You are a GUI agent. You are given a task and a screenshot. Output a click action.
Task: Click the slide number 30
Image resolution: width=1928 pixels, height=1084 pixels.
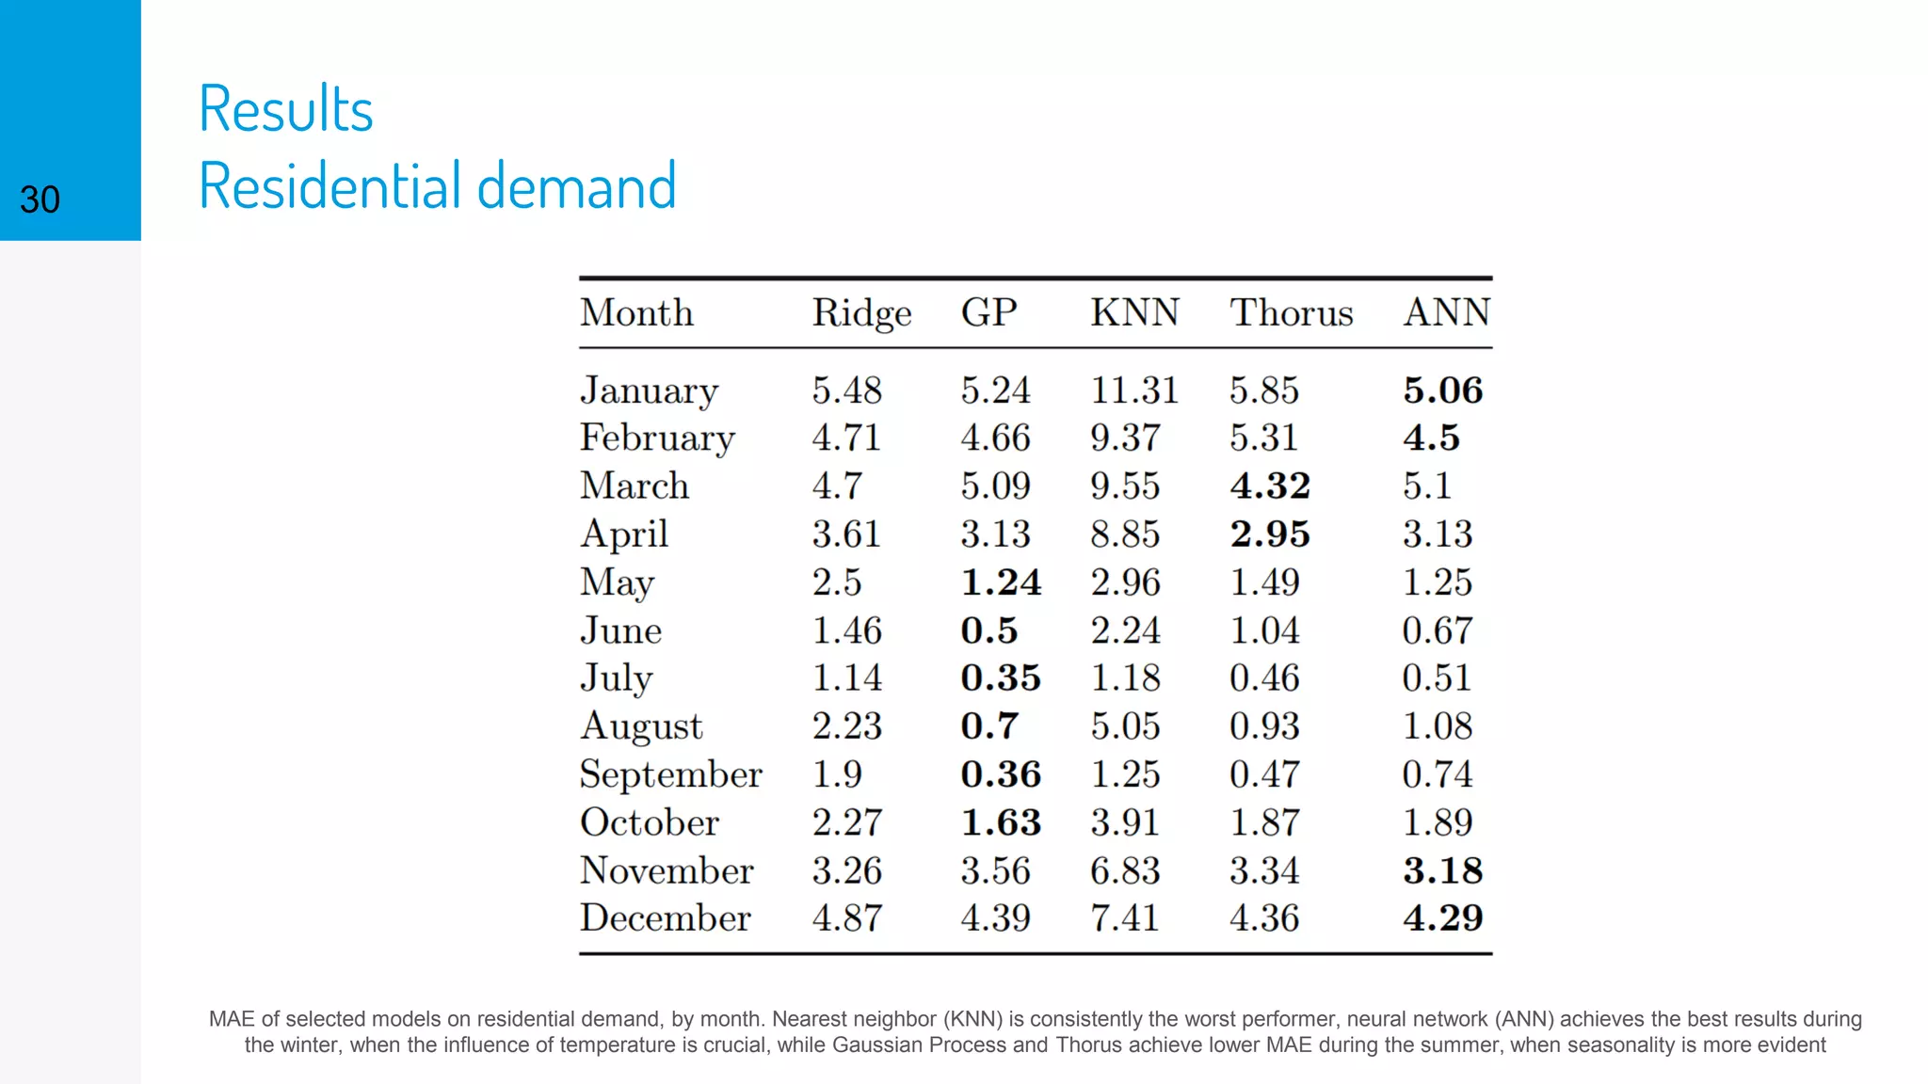click(40, 199)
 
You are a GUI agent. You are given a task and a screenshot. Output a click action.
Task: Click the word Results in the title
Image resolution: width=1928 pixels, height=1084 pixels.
click(285, 109)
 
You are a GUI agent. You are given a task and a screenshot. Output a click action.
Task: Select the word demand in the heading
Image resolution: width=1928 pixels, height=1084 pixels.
click(576, 185)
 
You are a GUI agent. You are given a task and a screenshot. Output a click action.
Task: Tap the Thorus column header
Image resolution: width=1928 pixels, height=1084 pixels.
click(1291, 312)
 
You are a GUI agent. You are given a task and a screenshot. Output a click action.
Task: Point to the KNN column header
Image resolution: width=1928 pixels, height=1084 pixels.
click(1134, 312)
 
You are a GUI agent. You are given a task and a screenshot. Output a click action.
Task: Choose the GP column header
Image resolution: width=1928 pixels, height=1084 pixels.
click(988, 312)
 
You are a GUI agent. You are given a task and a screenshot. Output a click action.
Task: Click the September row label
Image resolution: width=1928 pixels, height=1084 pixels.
click(670, 774)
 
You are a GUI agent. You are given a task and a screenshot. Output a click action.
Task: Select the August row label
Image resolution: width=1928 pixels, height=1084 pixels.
click(641, 726)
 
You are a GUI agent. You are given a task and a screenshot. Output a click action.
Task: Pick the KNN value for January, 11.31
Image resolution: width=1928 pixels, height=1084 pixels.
click(1134, 391)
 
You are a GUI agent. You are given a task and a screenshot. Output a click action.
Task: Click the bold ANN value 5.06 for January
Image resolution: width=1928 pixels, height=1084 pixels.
click(1442, 391)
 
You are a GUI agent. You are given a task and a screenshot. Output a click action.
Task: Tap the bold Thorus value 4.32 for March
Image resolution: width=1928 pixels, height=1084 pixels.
click(1270, 486)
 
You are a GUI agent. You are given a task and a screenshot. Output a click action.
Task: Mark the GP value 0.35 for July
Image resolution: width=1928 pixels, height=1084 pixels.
click(1000, 678)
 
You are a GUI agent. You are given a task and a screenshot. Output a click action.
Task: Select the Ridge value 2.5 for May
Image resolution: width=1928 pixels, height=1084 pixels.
click(837, 582)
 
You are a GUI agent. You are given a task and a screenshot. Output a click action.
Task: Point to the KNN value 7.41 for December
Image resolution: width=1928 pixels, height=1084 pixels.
click(1125, 918)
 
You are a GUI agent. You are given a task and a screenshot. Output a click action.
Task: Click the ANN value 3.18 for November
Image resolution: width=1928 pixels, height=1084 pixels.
click(1442, 870)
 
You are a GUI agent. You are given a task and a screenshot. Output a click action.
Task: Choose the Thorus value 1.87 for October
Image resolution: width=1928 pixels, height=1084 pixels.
click(1264, 822)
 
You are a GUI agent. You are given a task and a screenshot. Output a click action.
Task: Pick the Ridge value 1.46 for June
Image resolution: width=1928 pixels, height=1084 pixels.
click(846, 630)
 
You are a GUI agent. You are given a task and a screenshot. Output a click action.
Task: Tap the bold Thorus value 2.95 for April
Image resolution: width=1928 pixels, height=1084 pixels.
click(1270, 534)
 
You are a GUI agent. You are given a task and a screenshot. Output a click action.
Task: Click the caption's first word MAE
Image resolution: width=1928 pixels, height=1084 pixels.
click(231, 1019)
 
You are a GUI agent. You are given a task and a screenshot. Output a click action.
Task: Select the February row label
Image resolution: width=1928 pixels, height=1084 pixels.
click(657, 438)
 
